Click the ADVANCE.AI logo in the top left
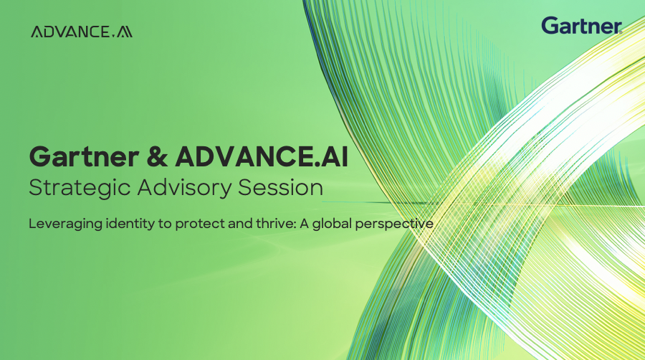(82, 32)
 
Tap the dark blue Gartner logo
(581, 26)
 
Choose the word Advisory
(168, 189)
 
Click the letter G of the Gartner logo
(550, 26)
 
